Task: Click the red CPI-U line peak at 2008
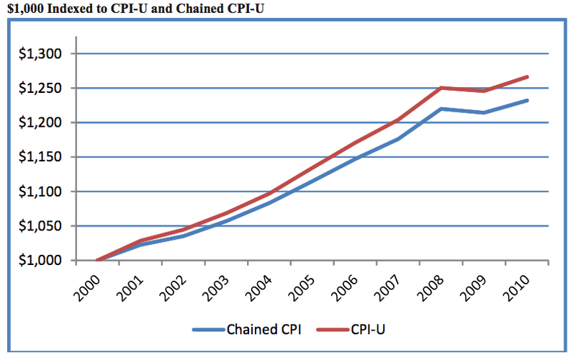(441, 88)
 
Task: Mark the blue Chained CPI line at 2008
(441, 109)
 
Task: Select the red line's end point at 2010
(528, 76)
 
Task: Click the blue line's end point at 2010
(528, 100)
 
